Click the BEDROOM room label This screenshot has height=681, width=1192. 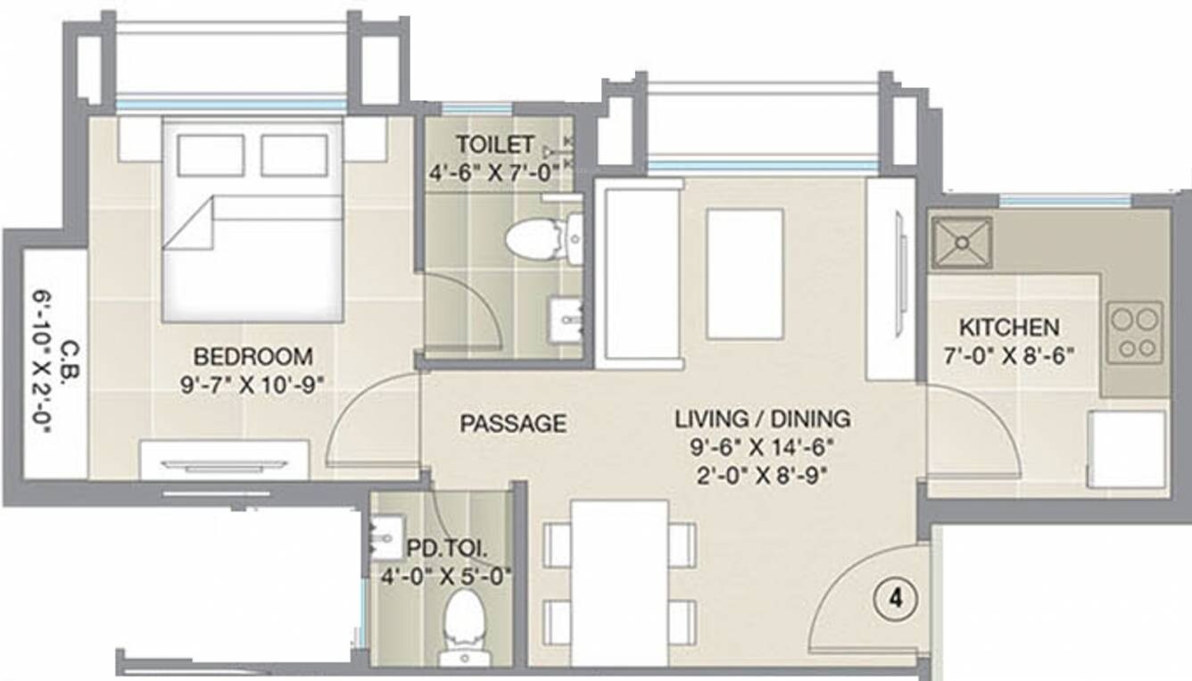tap(253, 356)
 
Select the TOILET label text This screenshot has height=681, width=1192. tap(494, 145)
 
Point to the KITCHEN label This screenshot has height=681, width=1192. tap(1009, 328)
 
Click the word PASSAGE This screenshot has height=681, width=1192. tap(513, 423)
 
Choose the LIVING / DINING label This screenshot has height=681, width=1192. tap(762, 419)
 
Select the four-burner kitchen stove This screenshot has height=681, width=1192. tap(1135, 333)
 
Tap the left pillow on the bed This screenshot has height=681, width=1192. tap(211, 155)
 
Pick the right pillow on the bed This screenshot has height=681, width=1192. tap(294, 155)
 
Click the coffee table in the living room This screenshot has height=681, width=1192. tap(745, 274)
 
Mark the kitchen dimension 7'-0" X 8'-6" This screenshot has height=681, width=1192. tap(1009, 356)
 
